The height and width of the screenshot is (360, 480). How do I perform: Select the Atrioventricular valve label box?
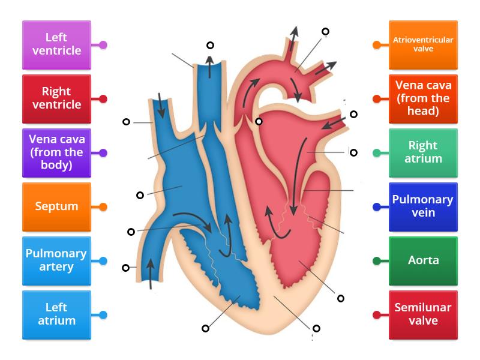(x=423, y=44)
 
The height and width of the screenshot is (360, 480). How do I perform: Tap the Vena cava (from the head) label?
(x=423, y=98)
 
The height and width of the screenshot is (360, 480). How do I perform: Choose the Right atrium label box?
(x=423, y=152)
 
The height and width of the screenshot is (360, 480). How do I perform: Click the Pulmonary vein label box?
(x=423, y=206)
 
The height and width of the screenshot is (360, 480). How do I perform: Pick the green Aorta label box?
(x=423, y=260)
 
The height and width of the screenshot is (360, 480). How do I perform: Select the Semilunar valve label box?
(x=423, y=314)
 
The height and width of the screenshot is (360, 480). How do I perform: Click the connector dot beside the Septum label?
(x=103, y=207)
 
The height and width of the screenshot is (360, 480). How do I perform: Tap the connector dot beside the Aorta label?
(x=377, y=261)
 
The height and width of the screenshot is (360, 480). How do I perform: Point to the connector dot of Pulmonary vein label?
(x=377, y=207)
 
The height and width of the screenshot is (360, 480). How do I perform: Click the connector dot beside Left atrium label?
(x=103, y=315)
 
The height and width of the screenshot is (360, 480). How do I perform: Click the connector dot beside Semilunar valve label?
(x=377, y=315)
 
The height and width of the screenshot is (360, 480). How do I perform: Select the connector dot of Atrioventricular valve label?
(x=377, y=45)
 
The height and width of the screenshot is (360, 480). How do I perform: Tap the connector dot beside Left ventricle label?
(x=103, y=45)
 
